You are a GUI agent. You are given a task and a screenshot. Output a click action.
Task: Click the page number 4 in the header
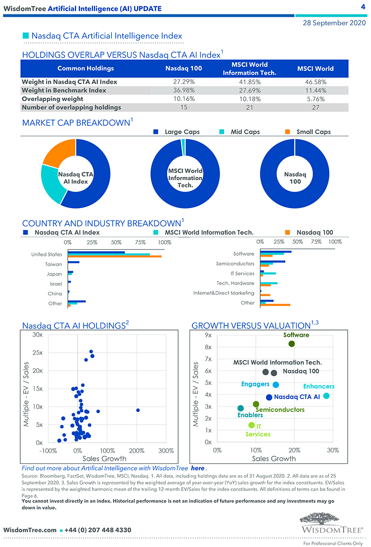point(363,7)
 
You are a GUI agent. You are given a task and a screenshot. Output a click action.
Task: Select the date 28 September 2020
point(334,23)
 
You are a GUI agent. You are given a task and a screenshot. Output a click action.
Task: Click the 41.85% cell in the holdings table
point(249,82)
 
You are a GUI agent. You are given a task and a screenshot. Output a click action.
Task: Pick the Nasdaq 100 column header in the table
point(184,68)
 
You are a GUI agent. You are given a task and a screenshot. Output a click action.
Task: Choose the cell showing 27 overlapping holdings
point(315,107)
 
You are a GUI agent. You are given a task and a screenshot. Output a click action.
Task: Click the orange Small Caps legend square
point(288,132)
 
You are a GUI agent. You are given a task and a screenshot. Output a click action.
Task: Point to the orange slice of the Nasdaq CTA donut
point(56,152)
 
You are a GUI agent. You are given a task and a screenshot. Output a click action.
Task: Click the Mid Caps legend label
point(245,132)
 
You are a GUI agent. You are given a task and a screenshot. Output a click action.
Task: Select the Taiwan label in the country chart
point(53,264)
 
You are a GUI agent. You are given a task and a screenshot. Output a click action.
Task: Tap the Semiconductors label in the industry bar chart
point(235,264)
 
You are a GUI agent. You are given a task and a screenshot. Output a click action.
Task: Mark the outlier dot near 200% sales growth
point(138,410)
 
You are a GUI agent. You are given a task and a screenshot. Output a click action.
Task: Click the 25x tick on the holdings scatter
point(36,353)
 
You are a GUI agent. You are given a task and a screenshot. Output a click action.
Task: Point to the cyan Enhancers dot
point(326,395)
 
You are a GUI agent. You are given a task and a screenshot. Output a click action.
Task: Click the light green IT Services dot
point(251,425)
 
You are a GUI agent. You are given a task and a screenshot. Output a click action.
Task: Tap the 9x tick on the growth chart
point(208,335)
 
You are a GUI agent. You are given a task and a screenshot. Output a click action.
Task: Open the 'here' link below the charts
point(197,468)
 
